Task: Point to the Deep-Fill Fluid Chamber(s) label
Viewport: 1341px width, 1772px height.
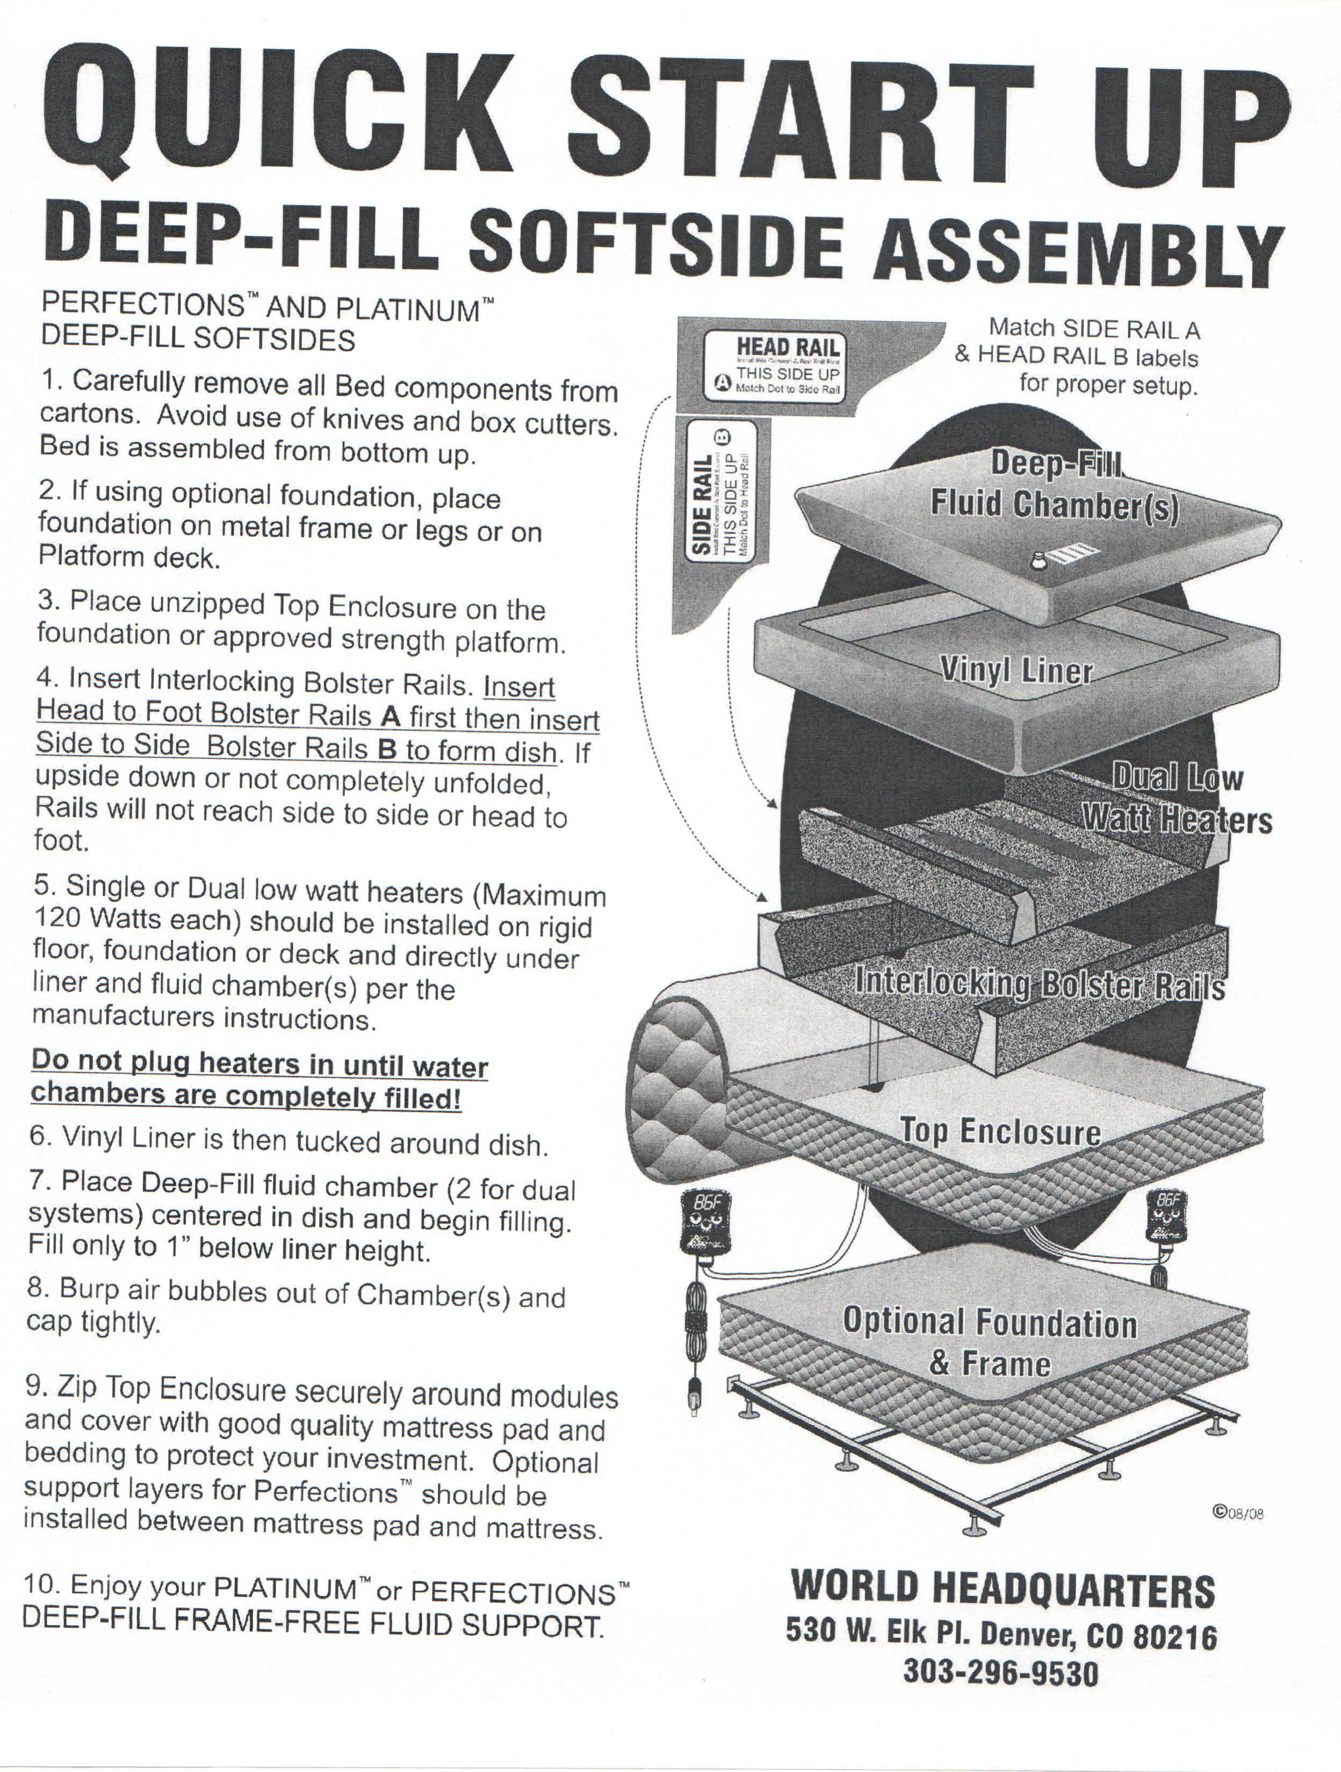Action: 1054,484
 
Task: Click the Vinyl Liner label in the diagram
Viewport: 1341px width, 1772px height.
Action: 1016,669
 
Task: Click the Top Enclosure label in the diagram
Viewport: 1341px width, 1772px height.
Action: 1000,1130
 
